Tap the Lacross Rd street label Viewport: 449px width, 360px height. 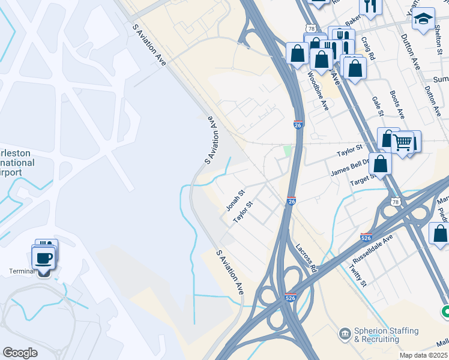pos(306,259)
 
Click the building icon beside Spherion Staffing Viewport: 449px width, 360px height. pos(345,332)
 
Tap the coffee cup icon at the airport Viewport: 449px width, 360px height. pos(44,259)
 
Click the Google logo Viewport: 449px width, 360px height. pos(20,353)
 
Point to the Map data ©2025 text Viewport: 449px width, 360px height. pos(424,355)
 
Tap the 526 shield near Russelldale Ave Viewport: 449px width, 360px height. pos(367,237)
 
